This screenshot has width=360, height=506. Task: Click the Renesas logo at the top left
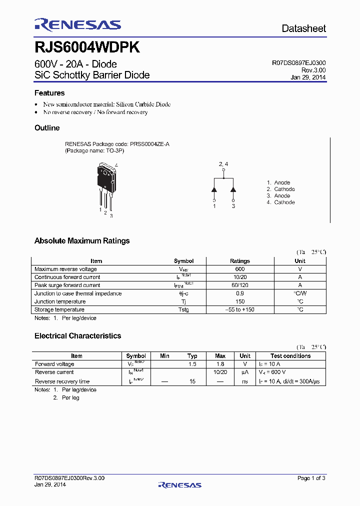pos(77,25)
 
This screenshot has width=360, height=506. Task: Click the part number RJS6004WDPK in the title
pos(87,47)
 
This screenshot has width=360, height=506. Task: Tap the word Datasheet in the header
pos(303,28)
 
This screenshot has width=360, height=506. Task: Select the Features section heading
pos(49,93)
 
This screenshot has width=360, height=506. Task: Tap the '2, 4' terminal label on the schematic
pos(223,164)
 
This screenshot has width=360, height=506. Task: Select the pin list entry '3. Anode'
pos(278,196)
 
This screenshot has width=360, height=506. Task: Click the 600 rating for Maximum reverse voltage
pos(240,269)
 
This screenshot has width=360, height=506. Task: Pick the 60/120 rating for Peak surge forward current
pos(240,285)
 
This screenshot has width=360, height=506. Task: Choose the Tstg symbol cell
pos(183,310)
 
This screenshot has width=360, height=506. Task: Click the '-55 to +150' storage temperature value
pos(240,310)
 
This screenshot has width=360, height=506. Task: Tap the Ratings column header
pos(240,261)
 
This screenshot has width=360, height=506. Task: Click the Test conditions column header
pos(290,356)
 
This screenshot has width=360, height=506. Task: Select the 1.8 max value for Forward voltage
pos(220,364)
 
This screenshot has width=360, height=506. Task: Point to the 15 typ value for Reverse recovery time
pos(192,381)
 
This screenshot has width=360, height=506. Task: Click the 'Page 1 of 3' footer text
pos(311,478)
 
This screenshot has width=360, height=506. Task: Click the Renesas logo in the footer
pos(179,484)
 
